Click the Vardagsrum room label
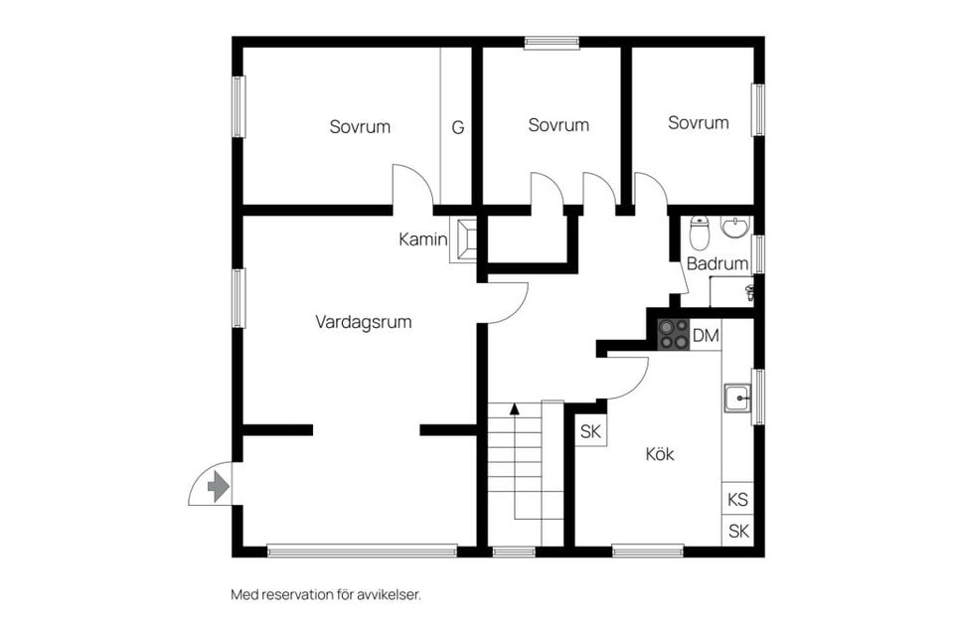pos(364,322)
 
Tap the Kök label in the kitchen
pos(660,454)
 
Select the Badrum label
pos(716,264)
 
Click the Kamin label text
pos(422,239)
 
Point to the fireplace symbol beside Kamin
pos(465,239)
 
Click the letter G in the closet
pos(458,127)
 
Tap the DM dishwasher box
pos(706,336)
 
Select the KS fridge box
pos(737,499)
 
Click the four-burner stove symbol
pos(674,334)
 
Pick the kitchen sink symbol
pos(736,398)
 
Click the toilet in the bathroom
pos(700,233)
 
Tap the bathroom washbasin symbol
pos(735,228)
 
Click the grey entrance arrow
pos(218,487)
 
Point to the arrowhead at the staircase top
pos(515,407)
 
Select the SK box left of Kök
pos(591,431)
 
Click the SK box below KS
pos(737,531)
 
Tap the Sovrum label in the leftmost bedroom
pos(360,127)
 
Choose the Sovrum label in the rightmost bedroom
pos(698,123)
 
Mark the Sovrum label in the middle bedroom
pos(558,125)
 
